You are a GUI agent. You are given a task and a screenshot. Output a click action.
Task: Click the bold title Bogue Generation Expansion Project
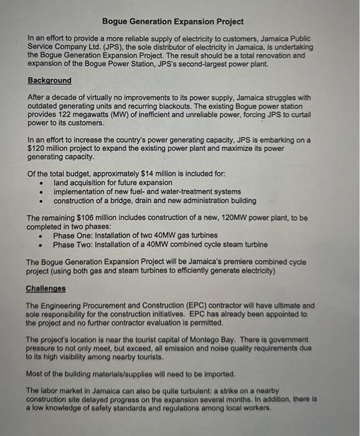(x=173, y=21)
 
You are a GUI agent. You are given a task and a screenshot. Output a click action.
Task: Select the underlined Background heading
(x=49, y=81)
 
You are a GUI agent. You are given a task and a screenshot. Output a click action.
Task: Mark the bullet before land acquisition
(x=40, y=184)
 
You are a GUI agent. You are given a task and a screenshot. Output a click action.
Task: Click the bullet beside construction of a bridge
(x=40, y=201)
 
